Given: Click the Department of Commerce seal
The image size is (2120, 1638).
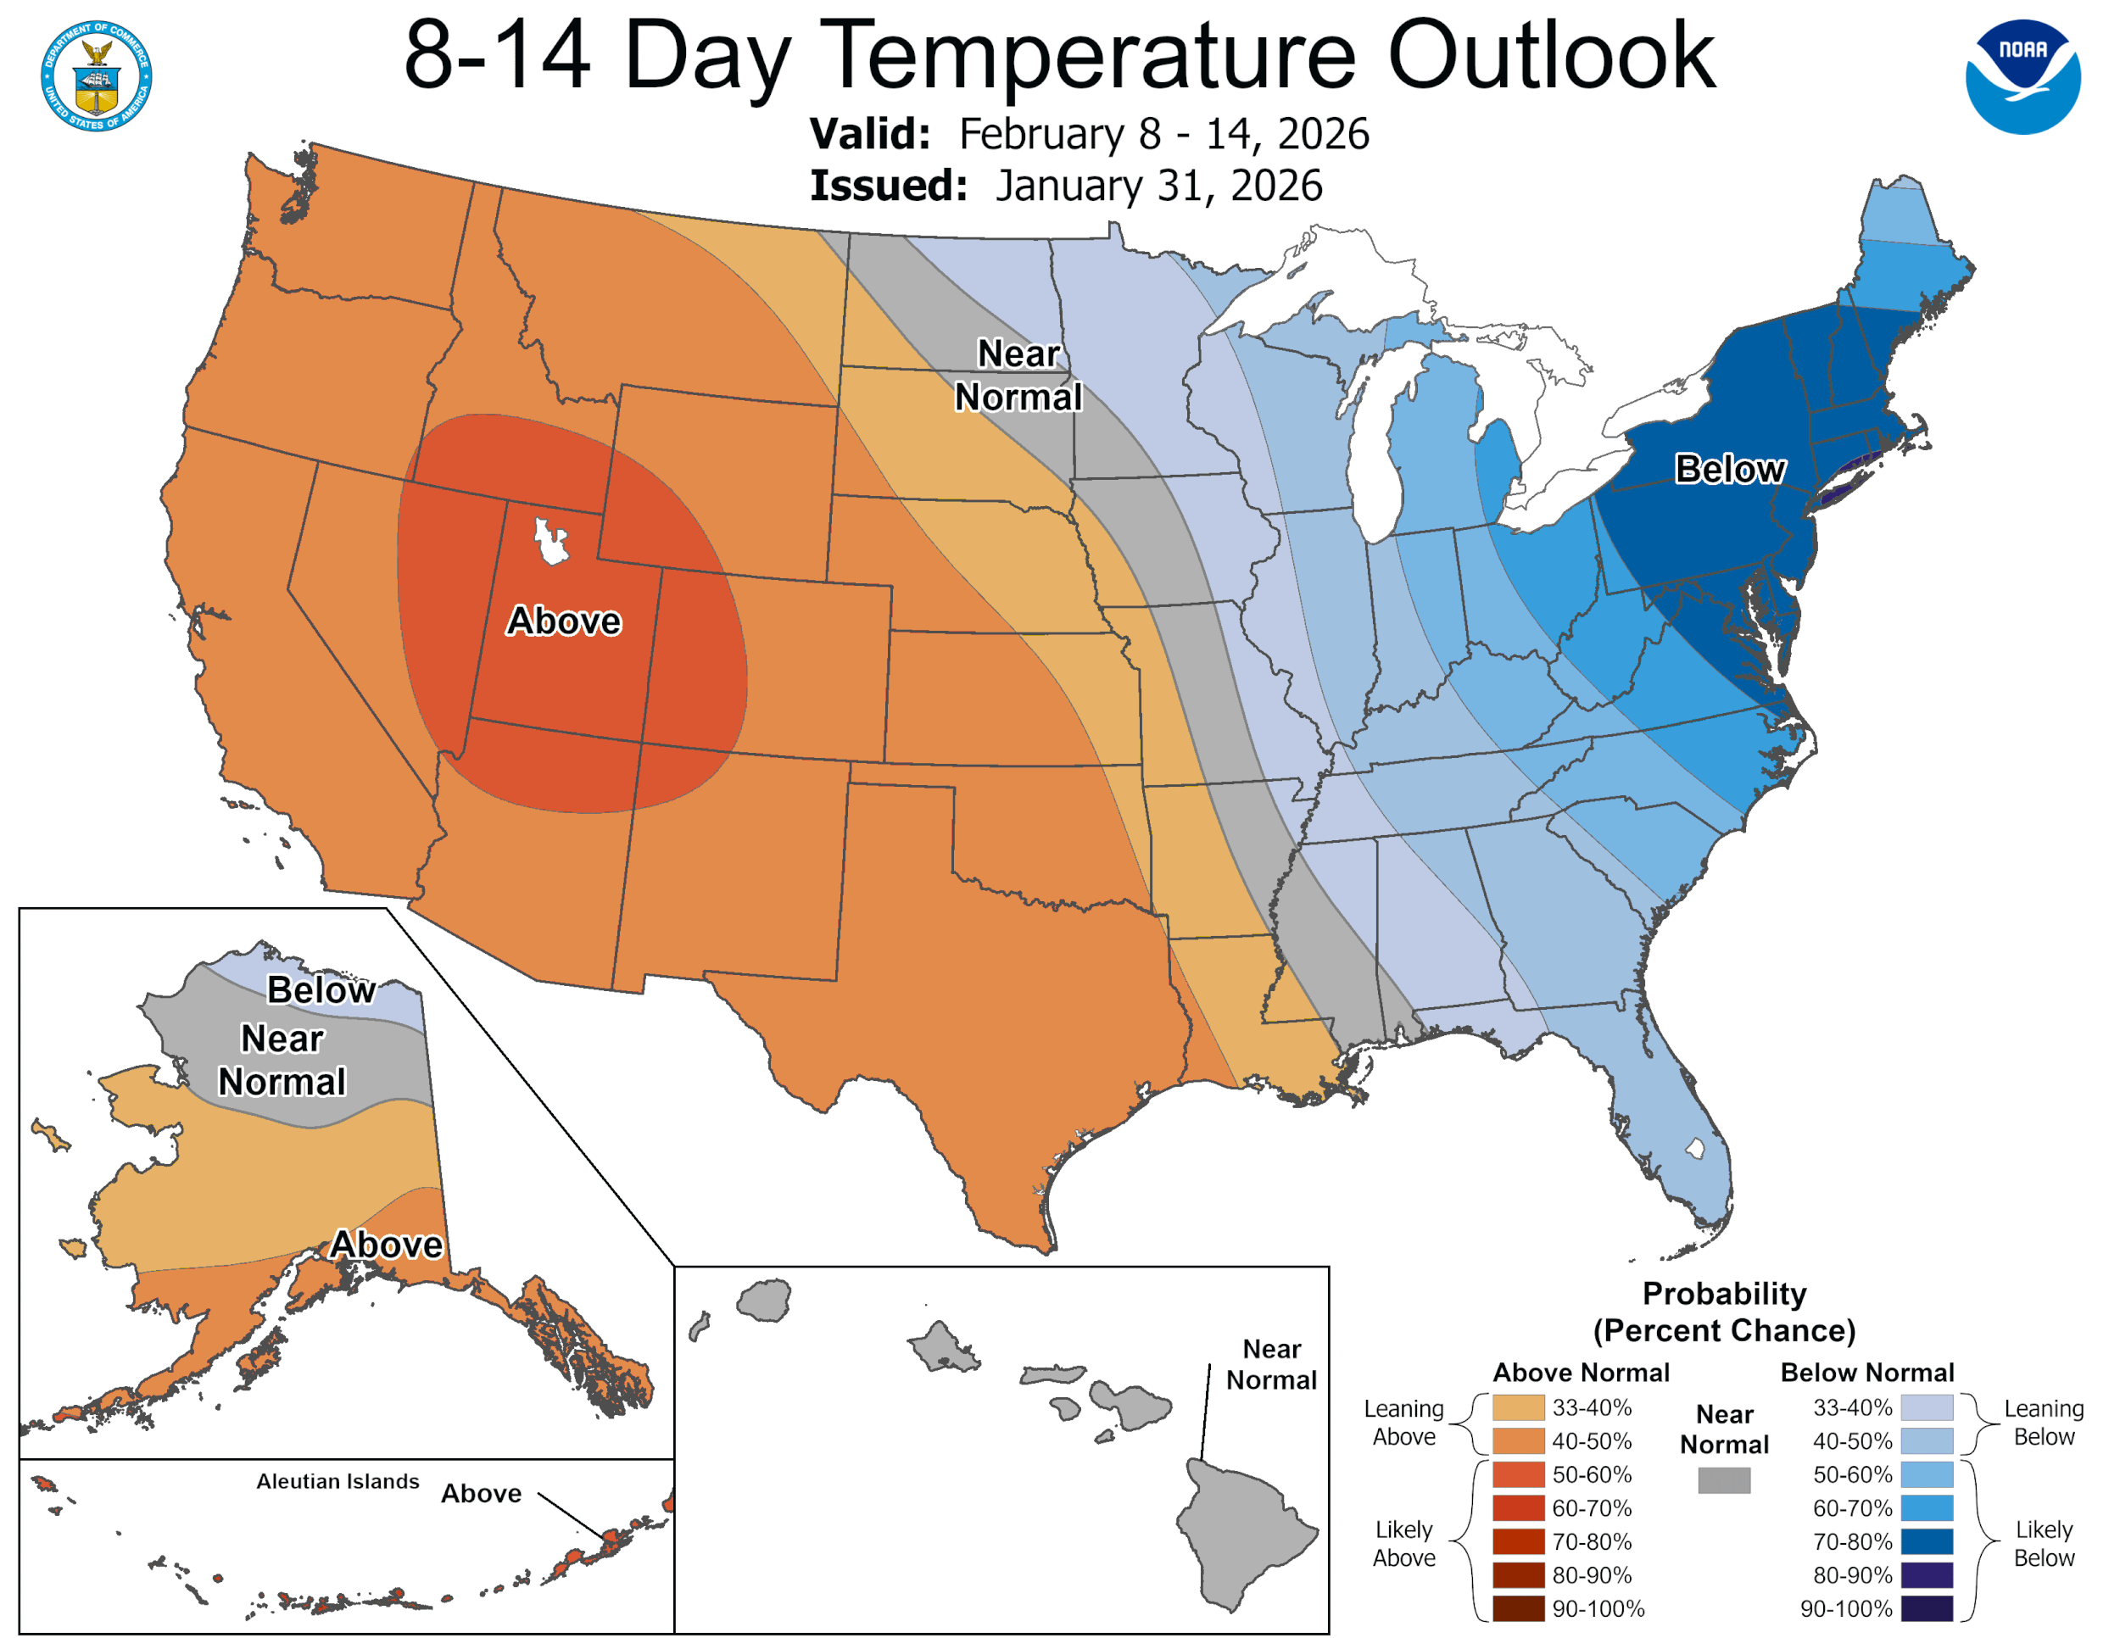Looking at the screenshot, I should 96,75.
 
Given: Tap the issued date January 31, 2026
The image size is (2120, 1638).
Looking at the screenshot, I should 1158,186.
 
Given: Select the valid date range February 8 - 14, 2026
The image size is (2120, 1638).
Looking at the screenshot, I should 1163,134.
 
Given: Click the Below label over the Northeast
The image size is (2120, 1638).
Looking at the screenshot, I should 1729,469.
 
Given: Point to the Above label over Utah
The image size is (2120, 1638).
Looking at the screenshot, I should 563,621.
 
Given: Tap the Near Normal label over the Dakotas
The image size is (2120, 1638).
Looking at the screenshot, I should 1018,376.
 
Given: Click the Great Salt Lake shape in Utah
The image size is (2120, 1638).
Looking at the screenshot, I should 550,542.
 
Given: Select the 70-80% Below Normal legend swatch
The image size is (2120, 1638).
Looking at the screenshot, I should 1926,1541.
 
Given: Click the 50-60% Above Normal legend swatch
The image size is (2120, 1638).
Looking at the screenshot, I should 1517,1474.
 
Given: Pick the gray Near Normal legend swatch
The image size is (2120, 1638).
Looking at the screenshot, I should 1723,1479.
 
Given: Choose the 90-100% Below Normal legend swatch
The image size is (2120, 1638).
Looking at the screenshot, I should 1926,1608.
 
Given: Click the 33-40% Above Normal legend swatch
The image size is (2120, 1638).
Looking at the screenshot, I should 1517,1407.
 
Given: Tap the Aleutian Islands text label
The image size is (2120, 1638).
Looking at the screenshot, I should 338,1481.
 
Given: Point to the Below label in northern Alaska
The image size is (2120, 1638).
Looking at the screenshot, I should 321,989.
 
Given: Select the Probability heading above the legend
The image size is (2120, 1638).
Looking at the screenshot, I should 1724,1294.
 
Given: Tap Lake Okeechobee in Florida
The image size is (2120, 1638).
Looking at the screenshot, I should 1695,1149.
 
